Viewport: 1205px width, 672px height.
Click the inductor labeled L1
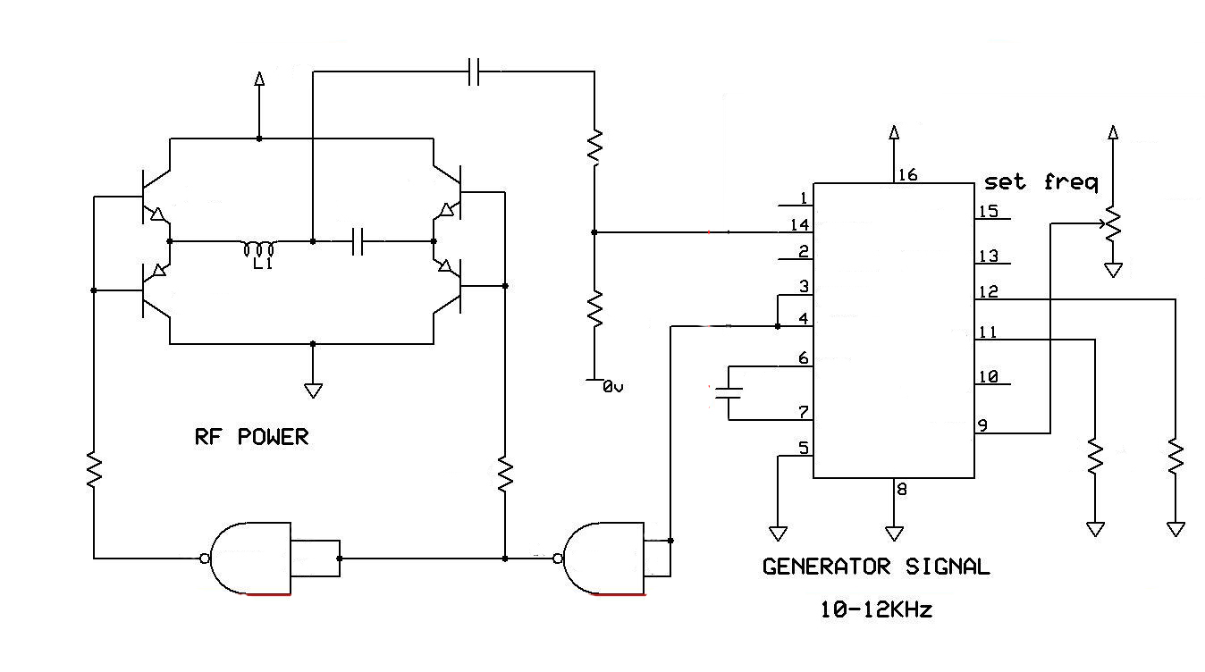259,249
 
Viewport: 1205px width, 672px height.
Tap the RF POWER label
252,436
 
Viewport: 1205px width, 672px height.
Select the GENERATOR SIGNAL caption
876,567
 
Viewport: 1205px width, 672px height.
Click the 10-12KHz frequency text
876,609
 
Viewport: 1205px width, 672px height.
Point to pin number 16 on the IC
907,175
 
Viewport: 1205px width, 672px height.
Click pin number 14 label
800,224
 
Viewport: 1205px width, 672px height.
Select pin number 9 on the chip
982,425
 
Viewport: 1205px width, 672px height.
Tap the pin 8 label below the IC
902,489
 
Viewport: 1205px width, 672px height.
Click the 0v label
612,387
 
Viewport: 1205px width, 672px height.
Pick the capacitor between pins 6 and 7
729,393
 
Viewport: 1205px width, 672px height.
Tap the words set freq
1041,183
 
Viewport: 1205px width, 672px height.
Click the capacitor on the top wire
474,71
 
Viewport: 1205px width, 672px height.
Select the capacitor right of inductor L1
358,242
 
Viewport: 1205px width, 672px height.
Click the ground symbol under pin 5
778,533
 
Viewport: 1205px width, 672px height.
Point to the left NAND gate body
250,558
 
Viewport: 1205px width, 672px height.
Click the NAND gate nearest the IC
603,559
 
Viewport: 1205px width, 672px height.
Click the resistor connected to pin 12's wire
1176,458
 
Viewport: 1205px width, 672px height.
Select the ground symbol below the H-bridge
313,391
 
